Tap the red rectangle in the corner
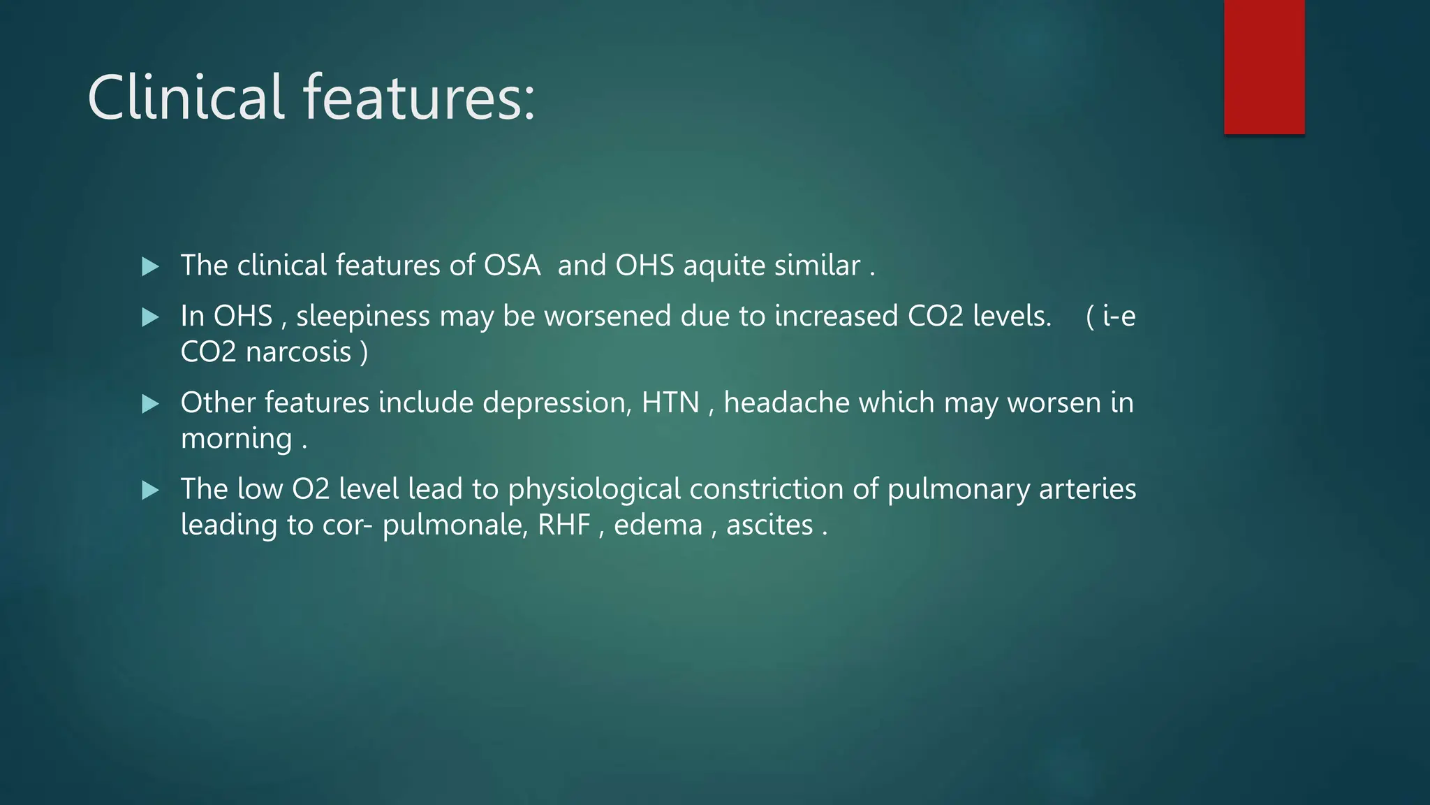1264,67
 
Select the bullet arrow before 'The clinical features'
150,266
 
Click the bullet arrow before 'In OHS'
150,317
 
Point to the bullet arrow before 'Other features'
150,404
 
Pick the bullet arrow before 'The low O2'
150,490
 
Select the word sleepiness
362,317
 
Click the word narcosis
298,351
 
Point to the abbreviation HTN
670,403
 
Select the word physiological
594,490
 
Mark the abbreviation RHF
564,525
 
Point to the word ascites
769,525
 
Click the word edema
658,525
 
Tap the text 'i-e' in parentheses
1119,317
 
